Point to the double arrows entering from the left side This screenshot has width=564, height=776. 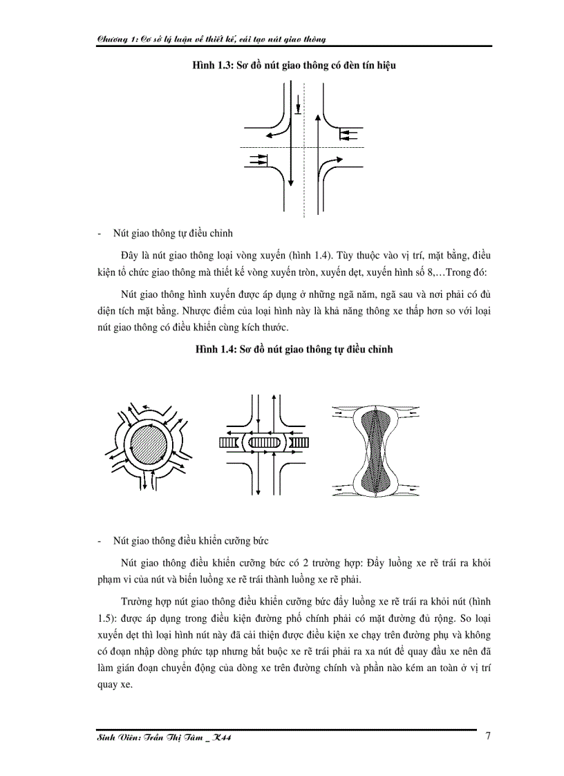pyautogui.click(x=256, y=160)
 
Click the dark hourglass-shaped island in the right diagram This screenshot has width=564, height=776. pyautogui.click(x=374, y=448)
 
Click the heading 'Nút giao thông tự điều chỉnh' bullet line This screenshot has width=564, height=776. pyautogui.click(x=177, y=232)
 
